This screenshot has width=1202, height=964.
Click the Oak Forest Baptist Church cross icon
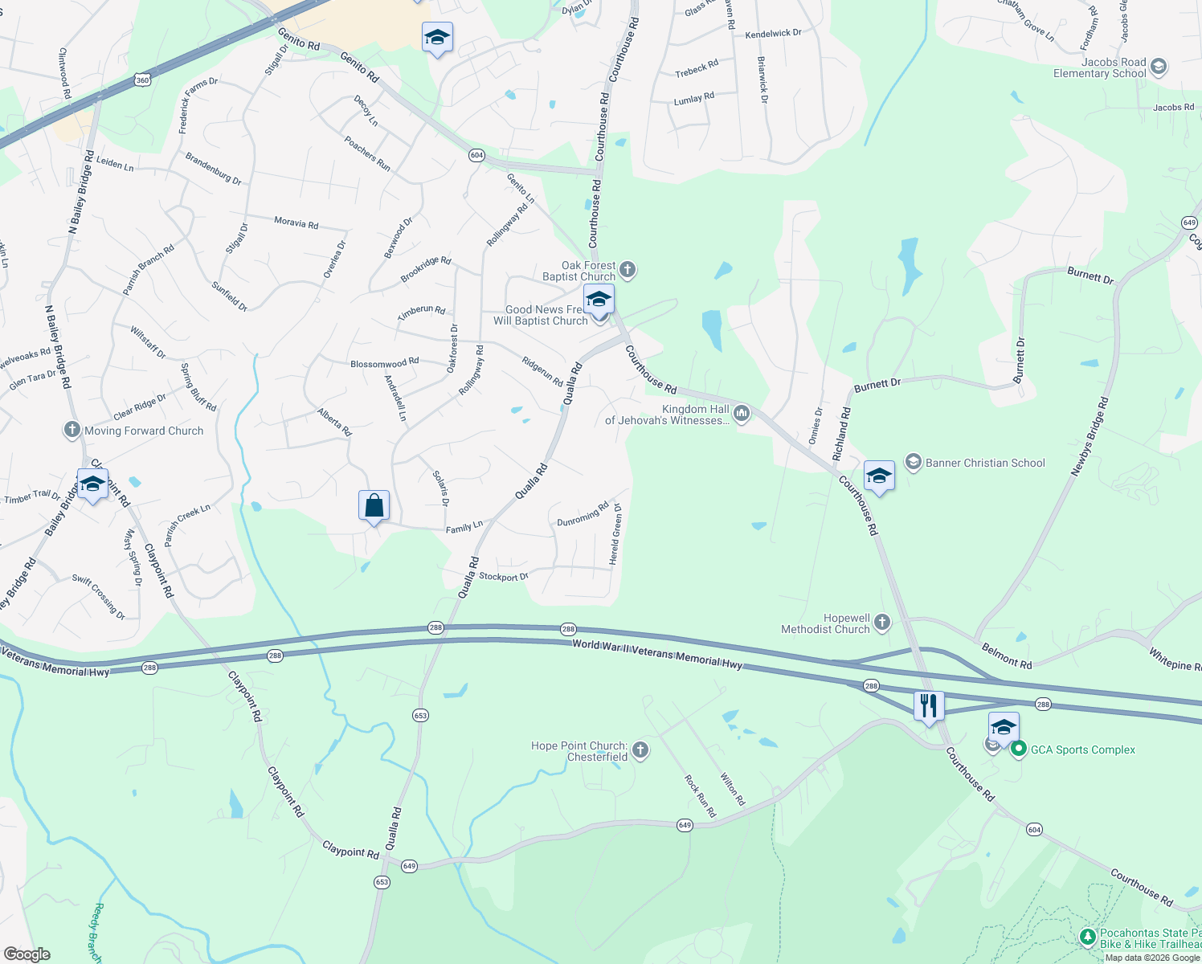628,270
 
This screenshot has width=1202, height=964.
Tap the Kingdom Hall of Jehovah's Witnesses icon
741,414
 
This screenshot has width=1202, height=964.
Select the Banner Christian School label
985,463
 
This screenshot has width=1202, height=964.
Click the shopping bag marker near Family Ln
374,506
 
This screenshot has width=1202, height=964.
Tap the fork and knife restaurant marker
929,706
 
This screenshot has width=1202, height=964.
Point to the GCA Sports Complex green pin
1019,750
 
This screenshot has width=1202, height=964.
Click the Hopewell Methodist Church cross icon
882,622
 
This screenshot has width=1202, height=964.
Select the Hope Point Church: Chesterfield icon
640,750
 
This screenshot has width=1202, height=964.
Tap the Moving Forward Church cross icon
72,431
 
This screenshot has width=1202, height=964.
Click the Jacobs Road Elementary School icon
1158,67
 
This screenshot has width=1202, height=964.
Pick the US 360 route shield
142,80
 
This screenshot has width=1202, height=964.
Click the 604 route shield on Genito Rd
476,155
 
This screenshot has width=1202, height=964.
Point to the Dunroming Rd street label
583,514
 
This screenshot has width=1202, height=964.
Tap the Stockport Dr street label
504,576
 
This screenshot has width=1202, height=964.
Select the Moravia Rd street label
296,223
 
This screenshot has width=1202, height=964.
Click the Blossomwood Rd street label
384,363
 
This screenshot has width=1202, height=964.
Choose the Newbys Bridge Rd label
1090,436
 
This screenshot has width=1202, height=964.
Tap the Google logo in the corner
27,954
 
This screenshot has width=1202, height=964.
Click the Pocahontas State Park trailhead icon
1087,937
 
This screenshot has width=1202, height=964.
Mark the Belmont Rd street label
1007,656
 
